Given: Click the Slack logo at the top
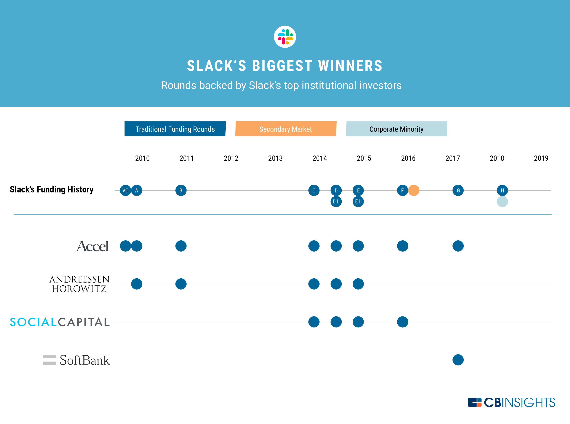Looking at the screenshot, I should [285, 37].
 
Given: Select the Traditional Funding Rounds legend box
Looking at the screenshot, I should [175, 129].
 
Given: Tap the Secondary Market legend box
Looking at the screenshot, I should [286, 129].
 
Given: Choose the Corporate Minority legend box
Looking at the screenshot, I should [396, 129].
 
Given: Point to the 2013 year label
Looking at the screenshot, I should [275, 158].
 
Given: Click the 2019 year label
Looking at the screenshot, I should [541, 158].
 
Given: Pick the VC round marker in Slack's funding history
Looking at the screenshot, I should [125, 190].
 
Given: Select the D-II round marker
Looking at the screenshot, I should [336, 201].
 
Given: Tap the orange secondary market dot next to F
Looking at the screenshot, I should [414, 190].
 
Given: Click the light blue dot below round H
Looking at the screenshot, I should [502, 201].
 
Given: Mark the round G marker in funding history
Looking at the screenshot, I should [458, 190].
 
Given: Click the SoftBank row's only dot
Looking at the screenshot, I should [458, 360].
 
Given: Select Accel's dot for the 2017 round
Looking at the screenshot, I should [458, 246].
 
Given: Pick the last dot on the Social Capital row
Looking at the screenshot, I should [402, 322].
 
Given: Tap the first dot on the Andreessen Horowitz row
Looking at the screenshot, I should [137, 284].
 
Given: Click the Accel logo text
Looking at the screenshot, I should [92, 246].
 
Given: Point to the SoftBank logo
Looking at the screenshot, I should [76, 360].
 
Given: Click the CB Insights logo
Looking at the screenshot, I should [511, 402].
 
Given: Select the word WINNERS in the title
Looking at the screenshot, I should [350, 66].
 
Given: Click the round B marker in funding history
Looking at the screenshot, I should [181, 190].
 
